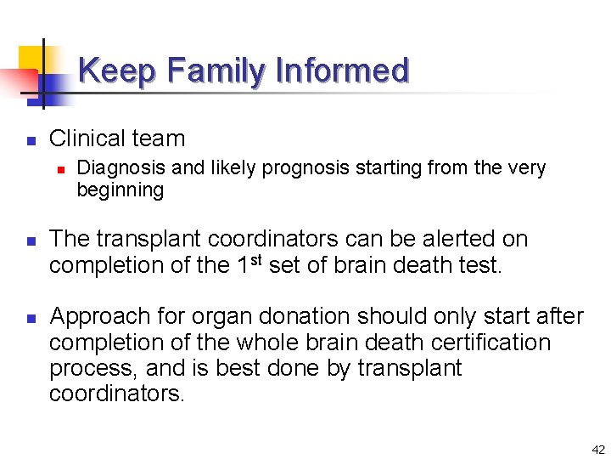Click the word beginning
(120, 190)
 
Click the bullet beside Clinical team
(29, 139)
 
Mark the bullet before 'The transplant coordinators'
(29, 241)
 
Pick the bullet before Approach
(29, 318)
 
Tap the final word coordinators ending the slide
(116, 394)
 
